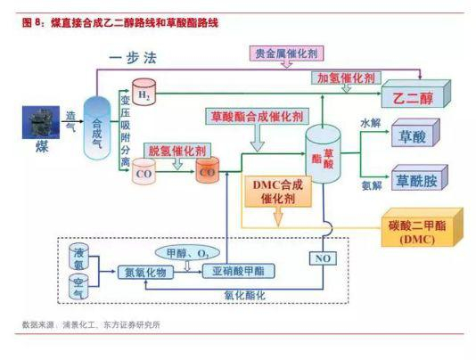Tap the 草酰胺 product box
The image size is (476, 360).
click(416, 181)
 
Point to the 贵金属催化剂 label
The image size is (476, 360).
click(286, 54)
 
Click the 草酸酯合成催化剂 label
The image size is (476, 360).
click(257, 117)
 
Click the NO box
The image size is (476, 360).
click(322, 258)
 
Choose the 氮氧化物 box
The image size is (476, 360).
click(145, 272)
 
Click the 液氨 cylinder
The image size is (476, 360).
click(78, 258)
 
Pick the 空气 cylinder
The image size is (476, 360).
click(78, 287)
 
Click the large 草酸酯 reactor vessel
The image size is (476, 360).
click(324, 157)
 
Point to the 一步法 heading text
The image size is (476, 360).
click(135, 59)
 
